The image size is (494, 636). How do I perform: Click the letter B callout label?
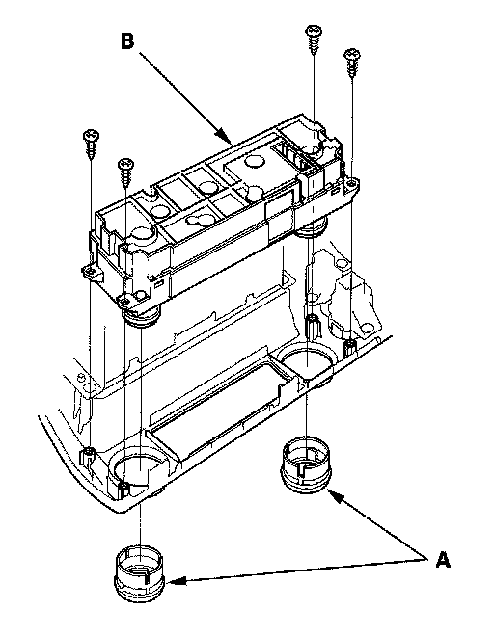[127, 41]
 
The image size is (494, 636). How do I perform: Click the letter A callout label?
[443, 560]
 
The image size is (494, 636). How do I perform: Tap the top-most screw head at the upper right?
[314, 31]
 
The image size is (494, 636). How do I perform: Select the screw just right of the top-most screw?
[352, 62]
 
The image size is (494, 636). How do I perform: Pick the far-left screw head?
[92, 135]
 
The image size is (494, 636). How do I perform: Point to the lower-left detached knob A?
[140, 572]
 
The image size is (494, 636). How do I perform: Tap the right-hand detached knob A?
[306, 464]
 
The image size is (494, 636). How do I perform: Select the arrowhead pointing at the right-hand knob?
[335, 494]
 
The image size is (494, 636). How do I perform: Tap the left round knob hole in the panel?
[139, 466]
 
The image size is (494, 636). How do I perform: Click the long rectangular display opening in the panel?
[221, 410]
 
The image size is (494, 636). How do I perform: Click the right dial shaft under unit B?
[313, 228]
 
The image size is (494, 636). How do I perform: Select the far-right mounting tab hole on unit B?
[351, 184]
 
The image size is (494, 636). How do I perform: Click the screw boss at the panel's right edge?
[350, 347]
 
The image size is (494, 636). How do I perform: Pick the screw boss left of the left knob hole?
[90, 451]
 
